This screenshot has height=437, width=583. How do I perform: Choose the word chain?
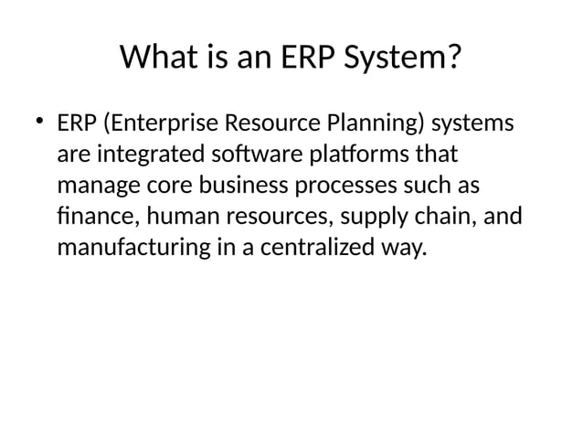coord(426,216)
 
